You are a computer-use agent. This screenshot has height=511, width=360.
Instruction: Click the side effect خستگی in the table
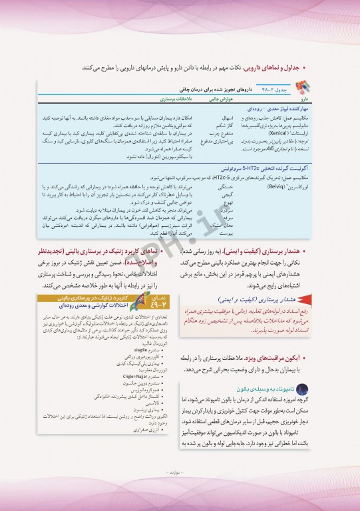(x=226, y=169)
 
